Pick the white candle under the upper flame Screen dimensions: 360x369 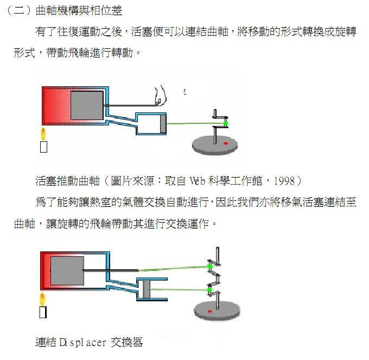click(43, 147)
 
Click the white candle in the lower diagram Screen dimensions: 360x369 click(43, 312)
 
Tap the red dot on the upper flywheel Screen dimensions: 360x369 click(226, 143)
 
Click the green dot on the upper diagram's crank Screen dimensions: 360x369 click(225, 124)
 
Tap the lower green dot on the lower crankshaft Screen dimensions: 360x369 click(209, 290)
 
